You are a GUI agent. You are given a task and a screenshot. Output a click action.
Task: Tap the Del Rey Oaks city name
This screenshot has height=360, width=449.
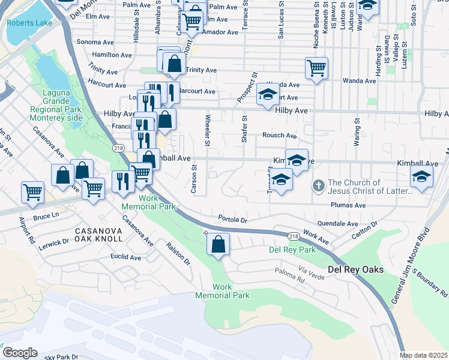point(355,270)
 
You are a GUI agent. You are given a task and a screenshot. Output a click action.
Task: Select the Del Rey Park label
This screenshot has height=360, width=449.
point(292,250)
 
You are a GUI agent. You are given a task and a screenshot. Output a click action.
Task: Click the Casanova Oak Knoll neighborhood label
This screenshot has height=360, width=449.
point(98,235)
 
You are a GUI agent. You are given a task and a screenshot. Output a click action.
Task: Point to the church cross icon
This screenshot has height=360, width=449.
point(319,187)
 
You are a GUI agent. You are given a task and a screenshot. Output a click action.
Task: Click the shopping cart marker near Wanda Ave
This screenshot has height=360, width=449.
point(316,67)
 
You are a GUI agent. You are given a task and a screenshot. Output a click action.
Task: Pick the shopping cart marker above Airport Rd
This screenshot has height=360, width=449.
point(33,192)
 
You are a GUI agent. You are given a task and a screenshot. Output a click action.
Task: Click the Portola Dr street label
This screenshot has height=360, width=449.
point(233,220)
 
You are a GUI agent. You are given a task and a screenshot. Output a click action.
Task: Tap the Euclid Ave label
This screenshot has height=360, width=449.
point(126,257)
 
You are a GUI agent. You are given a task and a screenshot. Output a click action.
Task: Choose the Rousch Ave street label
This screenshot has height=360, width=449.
point(279,136)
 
